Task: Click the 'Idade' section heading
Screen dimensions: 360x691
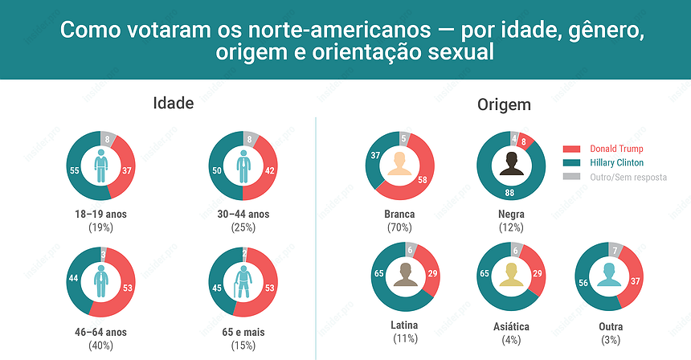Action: (174, 104)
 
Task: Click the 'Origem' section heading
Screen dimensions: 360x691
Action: (504, 105)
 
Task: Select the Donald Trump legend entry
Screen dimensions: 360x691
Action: (616, 149)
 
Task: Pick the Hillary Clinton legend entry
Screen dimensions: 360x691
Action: (616, 162)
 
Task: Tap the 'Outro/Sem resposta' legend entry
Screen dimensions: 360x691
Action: (628, 177)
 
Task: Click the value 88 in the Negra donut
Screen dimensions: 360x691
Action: (509, 194)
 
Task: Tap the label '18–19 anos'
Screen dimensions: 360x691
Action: (100, 215)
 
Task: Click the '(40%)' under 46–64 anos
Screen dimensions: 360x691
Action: (100, 345)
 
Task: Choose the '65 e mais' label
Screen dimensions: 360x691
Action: (243, 332)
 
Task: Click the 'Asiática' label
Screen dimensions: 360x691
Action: (511, 327)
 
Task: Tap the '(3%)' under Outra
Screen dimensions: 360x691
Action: (611, 340)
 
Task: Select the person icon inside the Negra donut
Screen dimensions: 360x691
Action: (511, 165)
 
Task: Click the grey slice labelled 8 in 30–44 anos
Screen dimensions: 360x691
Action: (251, 138)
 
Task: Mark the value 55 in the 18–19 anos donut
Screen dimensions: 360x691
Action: (74, 171)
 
